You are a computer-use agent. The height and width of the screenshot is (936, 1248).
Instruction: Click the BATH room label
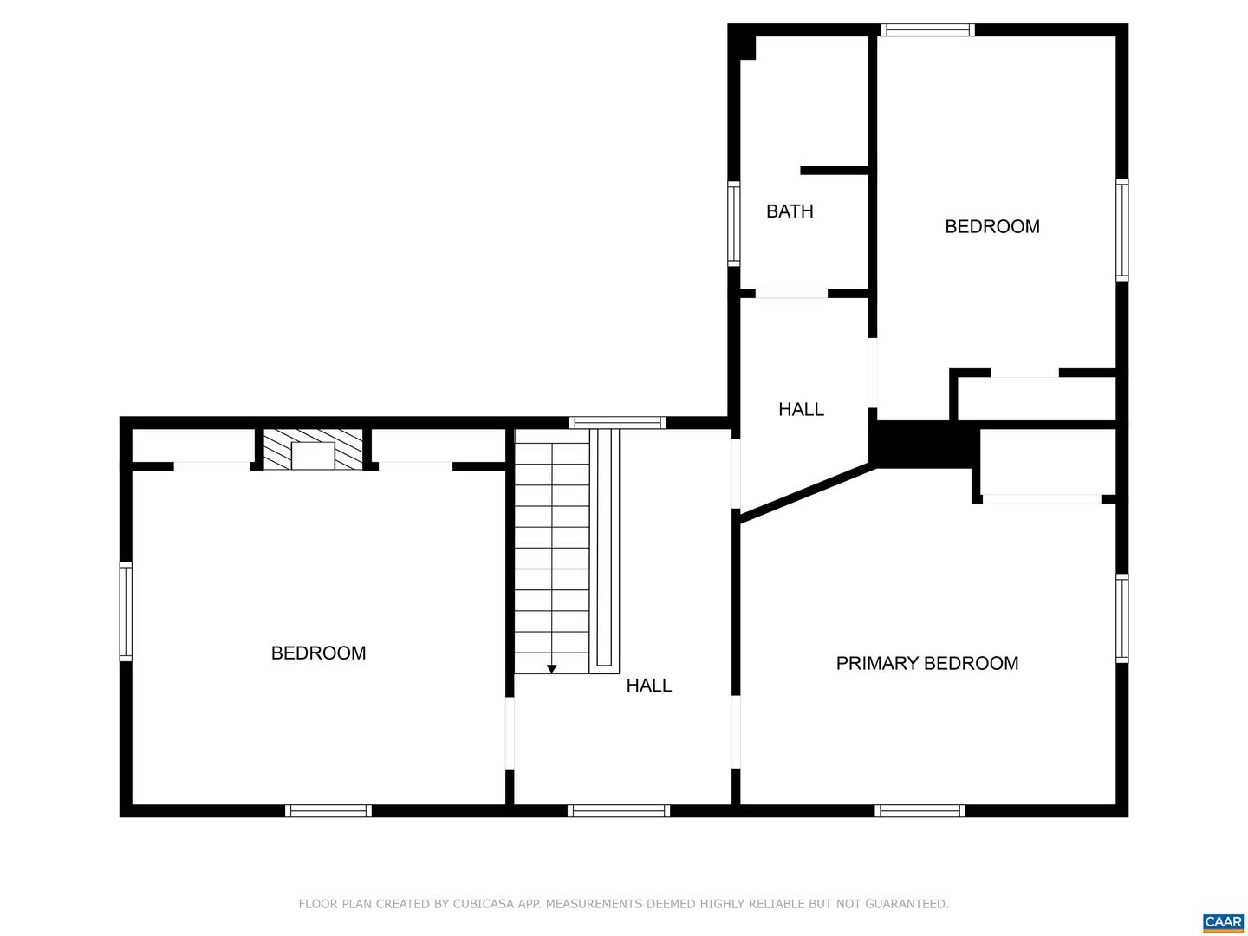click(790, 211)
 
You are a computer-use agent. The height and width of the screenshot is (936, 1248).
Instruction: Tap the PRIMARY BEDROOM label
click(926, 663)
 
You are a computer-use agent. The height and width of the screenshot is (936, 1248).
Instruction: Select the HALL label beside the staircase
click(649, 686)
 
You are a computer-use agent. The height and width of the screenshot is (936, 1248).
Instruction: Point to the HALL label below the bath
click(801, 410)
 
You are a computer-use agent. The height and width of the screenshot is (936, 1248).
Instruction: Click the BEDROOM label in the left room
click(318, 653)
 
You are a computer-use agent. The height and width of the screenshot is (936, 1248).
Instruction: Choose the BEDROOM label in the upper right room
click(992, 227)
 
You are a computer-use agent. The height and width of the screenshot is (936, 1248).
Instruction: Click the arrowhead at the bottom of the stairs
click(551, 669)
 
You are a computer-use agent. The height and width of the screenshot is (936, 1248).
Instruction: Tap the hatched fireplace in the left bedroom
click(313, 449)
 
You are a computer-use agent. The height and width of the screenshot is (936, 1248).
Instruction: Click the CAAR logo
click(1224, 922)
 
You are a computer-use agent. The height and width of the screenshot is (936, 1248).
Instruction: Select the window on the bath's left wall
click(734, 224)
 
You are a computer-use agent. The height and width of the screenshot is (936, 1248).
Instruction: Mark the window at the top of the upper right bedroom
click(927, 29)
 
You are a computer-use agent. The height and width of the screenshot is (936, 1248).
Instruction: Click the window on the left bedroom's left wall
click(126, 612)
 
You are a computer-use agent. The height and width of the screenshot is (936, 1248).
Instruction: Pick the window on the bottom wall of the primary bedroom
click(920, 810)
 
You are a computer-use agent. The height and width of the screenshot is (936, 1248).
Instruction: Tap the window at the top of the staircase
click(617, 422)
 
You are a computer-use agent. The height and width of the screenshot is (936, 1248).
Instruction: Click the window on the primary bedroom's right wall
click(1121, 618)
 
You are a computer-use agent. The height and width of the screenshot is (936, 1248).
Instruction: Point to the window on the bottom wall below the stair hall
click(619, 810)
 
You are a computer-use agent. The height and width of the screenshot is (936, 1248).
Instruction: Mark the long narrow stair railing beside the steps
click(604, 551)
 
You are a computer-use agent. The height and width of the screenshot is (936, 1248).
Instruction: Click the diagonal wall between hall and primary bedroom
click(805, 492)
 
